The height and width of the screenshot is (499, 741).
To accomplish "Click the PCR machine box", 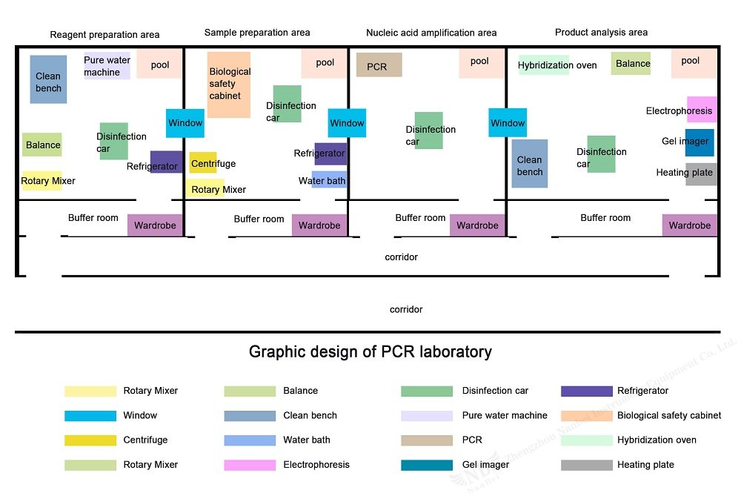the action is point(379,65).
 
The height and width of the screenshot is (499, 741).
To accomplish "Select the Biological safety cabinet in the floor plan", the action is point(229,85).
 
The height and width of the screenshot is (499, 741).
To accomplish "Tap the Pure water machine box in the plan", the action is point(107,66).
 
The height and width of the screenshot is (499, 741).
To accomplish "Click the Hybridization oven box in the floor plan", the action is point(543,65).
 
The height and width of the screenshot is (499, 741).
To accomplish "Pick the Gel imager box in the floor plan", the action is point(700,142).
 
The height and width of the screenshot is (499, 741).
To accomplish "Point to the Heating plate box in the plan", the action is point(701,174).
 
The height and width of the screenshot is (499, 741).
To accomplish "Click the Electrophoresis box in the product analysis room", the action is point(702,109).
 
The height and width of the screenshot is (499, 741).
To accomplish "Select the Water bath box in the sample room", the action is point(330,179).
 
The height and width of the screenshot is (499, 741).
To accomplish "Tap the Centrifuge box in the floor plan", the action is point(203,162).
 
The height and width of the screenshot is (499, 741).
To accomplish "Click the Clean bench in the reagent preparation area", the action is point(48,79).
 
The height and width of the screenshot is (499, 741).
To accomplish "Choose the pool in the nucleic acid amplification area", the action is point(481,63).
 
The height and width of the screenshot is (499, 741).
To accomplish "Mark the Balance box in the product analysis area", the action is point(631,63).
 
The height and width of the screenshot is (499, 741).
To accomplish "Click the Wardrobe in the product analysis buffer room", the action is point(689,225).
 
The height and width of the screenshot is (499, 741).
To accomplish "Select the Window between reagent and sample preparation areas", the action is point(185,123).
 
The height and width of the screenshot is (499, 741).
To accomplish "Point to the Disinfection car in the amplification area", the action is point(428,130).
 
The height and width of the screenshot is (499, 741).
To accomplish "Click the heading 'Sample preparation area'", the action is point(257,33).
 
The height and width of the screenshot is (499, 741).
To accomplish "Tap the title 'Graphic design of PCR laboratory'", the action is point(370,352).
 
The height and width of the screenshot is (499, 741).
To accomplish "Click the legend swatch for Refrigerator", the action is point(586,391).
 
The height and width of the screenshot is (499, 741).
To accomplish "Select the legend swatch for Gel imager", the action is point(427,465).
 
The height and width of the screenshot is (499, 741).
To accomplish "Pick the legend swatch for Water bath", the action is point(250,440).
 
